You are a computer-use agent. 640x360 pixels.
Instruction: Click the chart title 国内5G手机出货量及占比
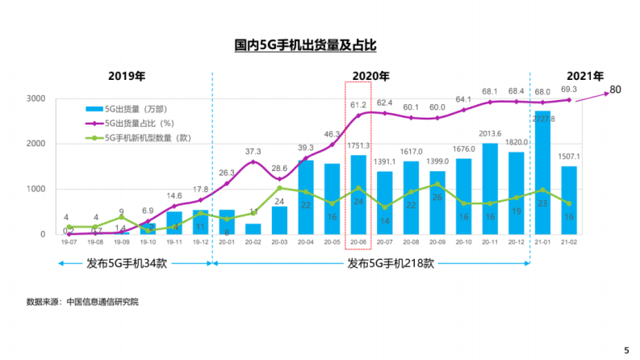(304, 46)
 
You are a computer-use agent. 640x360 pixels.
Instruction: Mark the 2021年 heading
(584, 77)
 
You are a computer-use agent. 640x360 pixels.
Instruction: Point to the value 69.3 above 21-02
(570, 89)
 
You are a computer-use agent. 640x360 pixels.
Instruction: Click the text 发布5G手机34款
(127, 263)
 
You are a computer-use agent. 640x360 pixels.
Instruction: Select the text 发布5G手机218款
(391, 263)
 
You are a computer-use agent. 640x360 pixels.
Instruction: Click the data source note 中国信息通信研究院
(102, 302)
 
